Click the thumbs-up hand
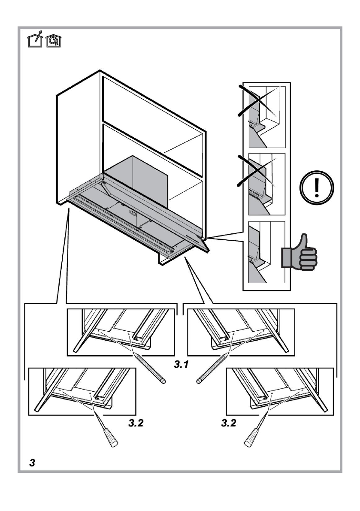click(x=299, y=254)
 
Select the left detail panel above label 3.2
click(x=82, y=391)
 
